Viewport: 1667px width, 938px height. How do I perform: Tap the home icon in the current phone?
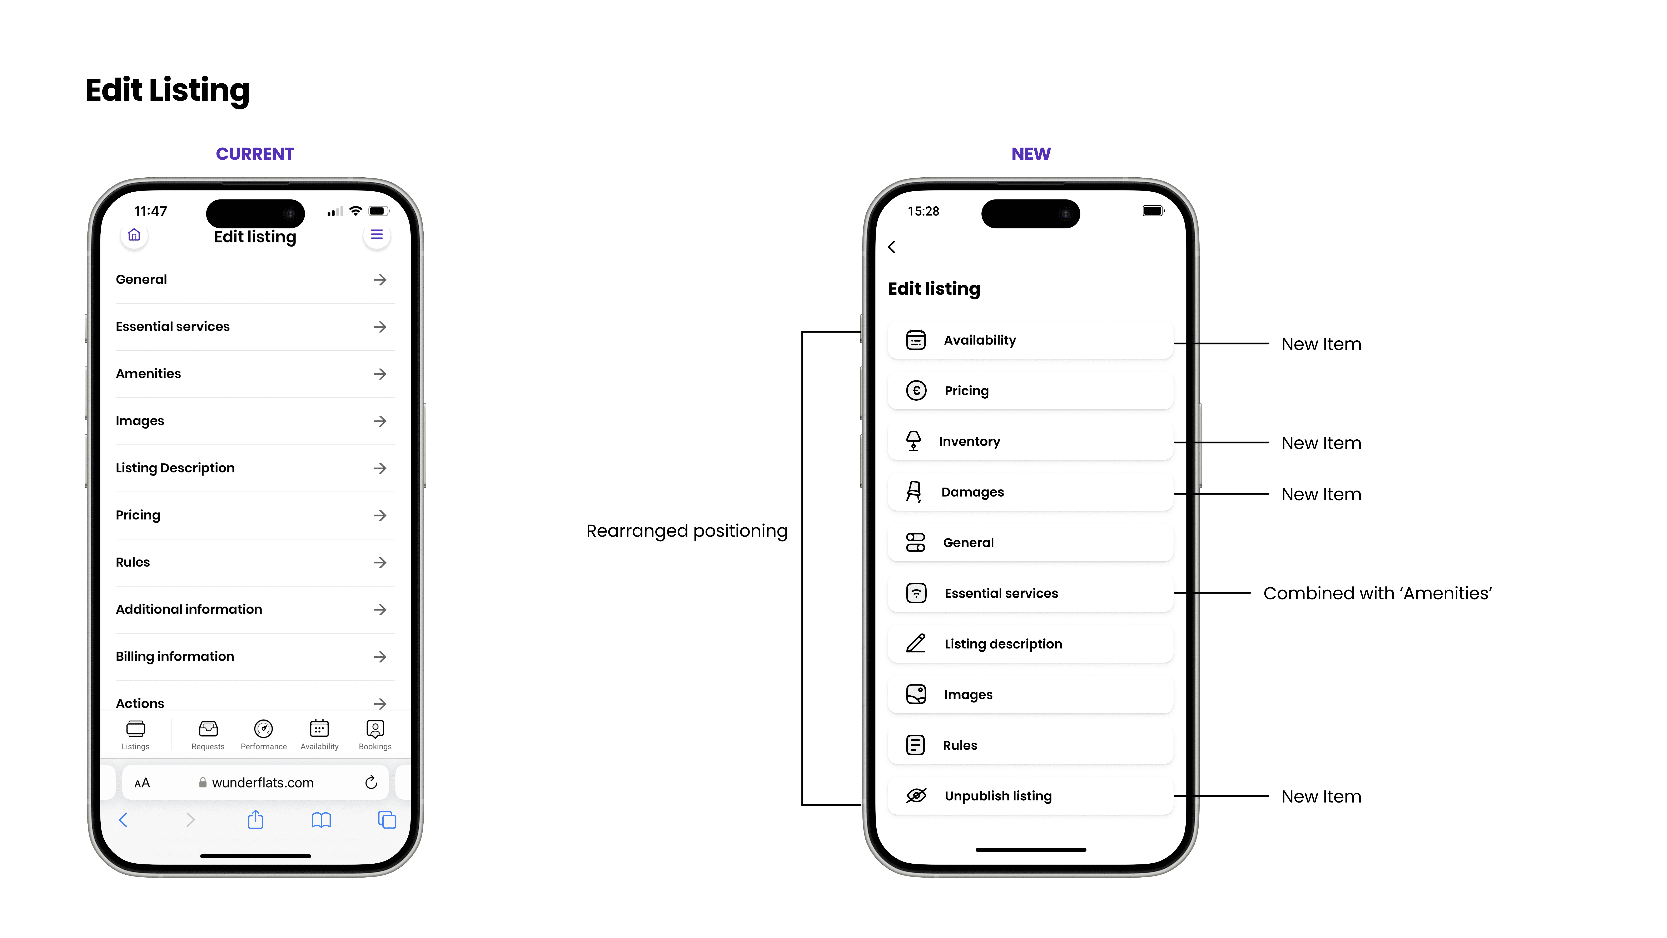point(134,235)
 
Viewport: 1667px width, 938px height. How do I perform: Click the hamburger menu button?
point(377,235)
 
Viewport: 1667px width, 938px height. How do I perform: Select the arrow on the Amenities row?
point(380,374)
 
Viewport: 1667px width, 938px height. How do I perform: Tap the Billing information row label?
point(175,656)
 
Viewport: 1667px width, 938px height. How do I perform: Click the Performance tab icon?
point(263,729)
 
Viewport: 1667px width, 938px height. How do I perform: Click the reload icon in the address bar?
point(371,783)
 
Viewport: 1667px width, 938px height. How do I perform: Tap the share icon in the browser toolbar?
point(256,820)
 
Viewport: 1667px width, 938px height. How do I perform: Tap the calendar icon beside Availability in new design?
point(916,340)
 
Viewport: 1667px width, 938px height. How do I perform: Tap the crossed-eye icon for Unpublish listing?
point(916,796)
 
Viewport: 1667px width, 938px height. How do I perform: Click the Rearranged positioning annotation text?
point(687,531)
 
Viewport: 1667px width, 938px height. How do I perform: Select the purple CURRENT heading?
point(255,154)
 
